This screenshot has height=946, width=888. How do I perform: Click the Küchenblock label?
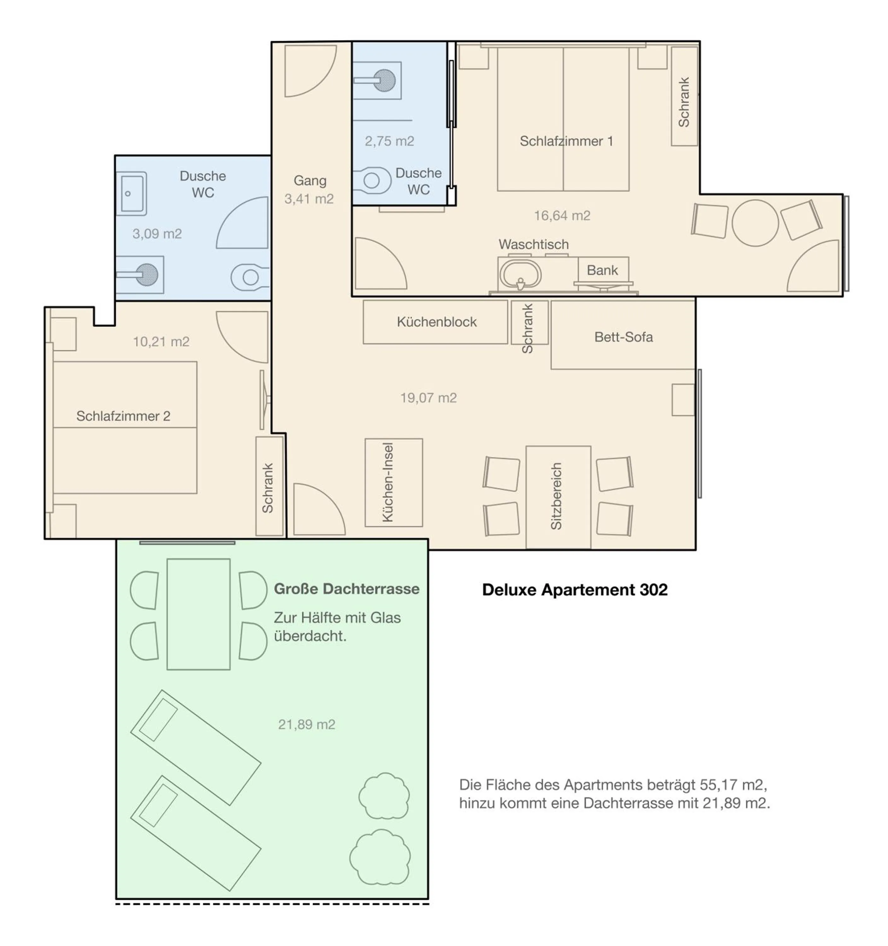[436, 322]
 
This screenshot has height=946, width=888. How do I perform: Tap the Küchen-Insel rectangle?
[394, 482]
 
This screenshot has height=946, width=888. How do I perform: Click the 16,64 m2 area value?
[562, 216]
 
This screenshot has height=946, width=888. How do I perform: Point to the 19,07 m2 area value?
[428, 398]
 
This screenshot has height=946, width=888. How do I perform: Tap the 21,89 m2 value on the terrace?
[307, 725]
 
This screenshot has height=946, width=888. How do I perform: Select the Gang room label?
[310, 181]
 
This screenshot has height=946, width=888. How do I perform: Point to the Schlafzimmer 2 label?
[123, 416]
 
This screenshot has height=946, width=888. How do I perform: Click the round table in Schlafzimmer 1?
[755, 223]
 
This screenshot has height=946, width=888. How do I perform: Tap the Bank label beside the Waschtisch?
[602, 270]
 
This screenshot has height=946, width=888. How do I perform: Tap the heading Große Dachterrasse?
[347, 589]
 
